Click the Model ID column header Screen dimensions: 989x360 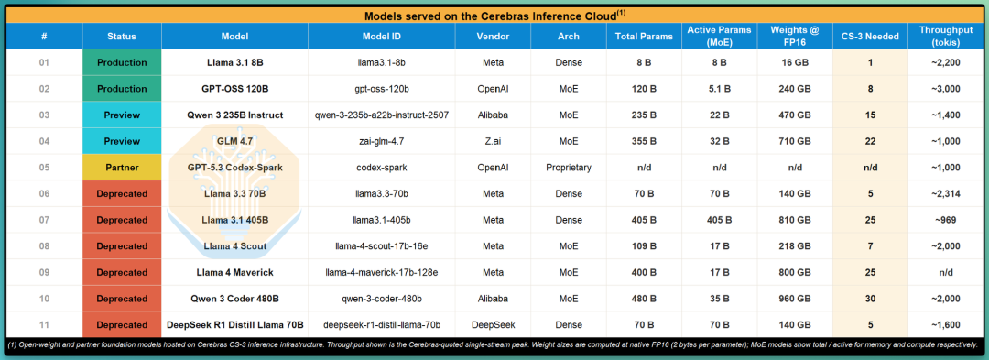pyautogui.click(x=382, y=37)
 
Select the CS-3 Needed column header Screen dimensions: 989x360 pyautogui.click(x=870, y=37)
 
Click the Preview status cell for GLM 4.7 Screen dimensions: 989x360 pyautogui.click(x=122, y=141)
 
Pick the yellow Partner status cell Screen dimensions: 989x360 pyautogui.click(x=122, y=168)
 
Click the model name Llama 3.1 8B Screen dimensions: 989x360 pyautogui.click(x=234, y=62)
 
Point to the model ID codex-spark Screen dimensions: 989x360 pyautogui.click(x=382, y=168)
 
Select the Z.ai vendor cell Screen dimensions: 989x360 pyautogui.click(x=493, y=141)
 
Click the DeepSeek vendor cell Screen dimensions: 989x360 pyautogui.click(x=493, y=324)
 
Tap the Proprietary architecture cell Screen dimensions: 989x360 pyautogui.click(x=569, y=168)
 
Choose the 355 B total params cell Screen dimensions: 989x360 pyautogui.click(x=644, y=141)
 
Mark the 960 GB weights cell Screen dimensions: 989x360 pyautogui.click(x=795, y=299)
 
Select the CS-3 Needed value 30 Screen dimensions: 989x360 pyautogui.click(x=870, y=299)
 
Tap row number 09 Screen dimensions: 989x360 pyautogui.click(x=44, y=272)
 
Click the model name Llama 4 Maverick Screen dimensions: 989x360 pyautogui.click(x=234, y=272)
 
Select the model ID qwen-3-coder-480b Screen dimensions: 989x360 pyautogui.click(x=382, y=299)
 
